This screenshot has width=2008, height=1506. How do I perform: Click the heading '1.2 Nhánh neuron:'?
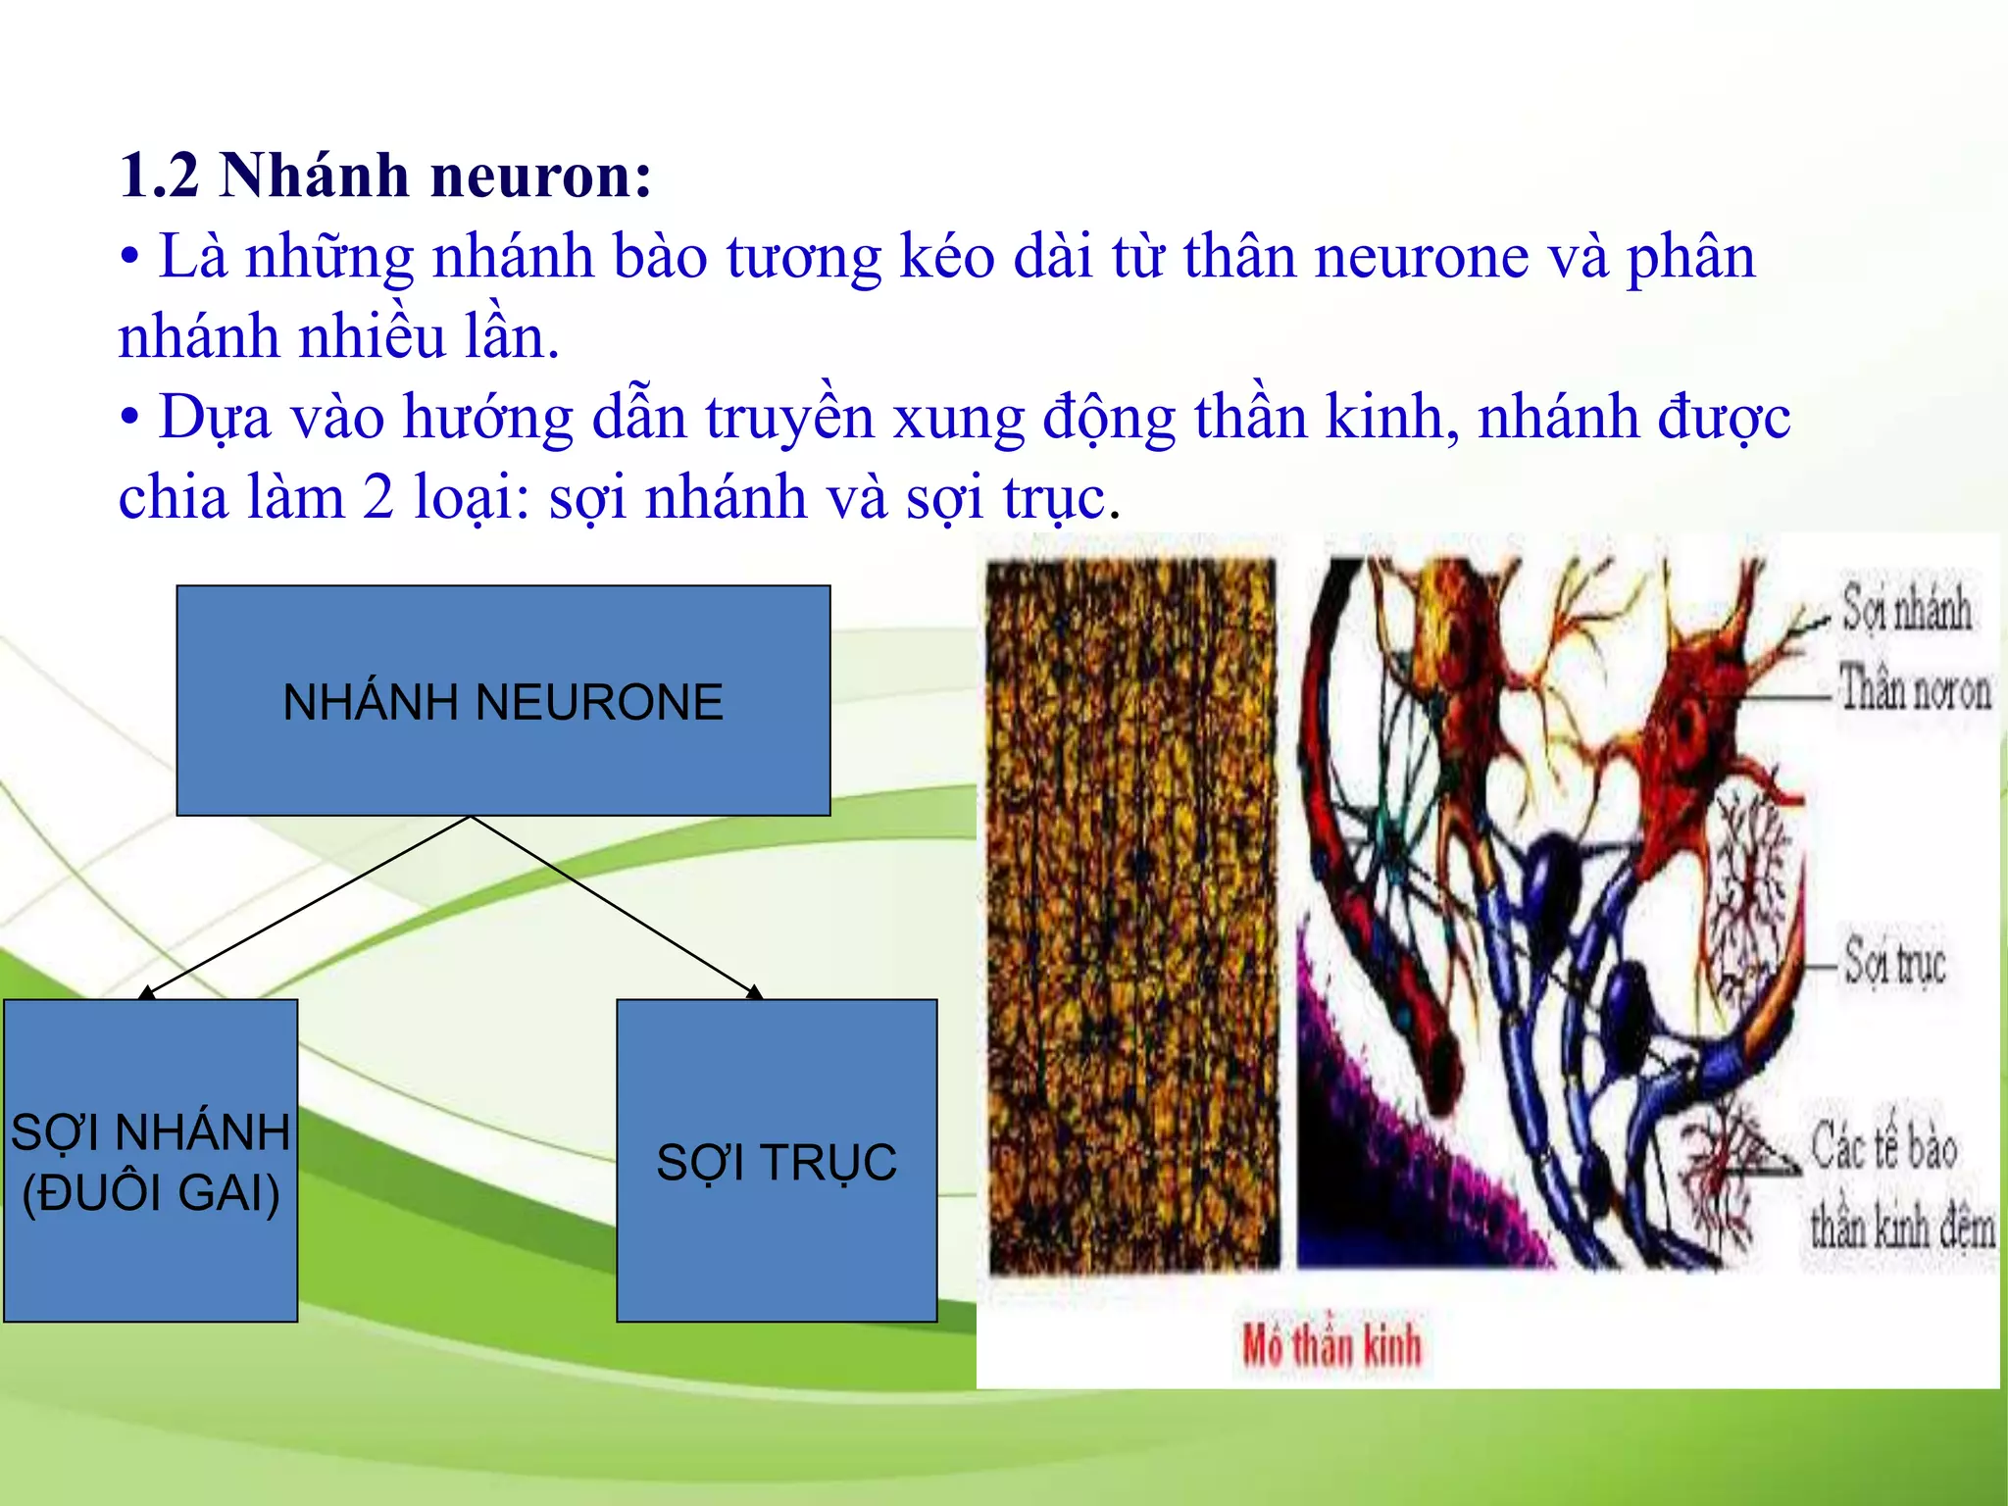(384, 176)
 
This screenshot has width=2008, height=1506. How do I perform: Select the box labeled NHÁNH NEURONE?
(503, 701)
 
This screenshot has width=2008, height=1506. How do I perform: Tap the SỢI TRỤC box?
(777, 1162)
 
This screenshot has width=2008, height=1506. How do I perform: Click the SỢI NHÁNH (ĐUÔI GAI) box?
(150, 1162)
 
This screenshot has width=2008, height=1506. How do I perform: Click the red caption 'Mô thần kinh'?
(1330, 1345)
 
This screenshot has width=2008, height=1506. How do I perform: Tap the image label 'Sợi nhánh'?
(1905, 608)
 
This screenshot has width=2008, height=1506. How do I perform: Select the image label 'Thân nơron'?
(1913, 689)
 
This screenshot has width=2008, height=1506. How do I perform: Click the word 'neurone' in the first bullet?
(1421, 258)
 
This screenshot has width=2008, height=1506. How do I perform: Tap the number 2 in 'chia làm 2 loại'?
(378, 498)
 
